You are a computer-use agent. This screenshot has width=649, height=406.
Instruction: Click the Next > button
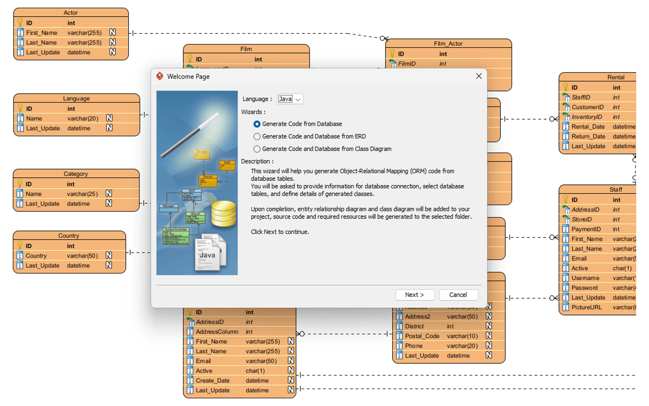tap(415, 295)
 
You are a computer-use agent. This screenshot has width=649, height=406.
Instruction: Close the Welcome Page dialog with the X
tap(479, 76)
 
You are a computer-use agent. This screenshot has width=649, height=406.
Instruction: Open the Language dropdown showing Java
tap(290, 99)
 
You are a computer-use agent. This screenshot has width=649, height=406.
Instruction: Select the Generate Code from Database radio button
tap(257, 124)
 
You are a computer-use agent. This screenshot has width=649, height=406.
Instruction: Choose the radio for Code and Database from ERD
tap(257, 136)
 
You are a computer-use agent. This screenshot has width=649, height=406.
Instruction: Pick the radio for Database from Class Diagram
tap(257, 149)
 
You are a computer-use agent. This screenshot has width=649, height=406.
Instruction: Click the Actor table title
tap(70, 13)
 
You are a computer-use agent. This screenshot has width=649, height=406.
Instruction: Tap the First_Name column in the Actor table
tap(42, 33)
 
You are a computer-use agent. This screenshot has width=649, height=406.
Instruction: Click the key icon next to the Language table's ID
tap(20, 108)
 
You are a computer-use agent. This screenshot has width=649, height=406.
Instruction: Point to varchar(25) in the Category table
tap(82, 194)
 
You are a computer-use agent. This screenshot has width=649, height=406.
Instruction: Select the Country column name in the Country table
tap(36, 256)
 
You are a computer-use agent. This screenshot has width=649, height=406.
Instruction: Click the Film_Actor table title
tap(448, 44)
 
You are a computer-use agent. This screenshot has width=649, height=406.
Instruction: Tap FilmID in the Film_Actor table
tap(407, 64)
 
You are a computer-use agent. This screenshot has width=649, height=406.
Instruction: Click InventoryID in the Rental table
tap(587, 117)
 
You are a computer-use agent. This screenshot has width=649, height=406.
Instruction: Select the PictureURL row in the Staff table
tap(586, 307)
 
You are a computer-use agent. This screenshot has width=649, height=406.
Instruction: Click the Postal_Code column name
tap(422, 336)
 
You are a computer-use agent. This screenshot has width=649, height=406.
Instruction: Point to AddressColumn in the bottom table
tap(217, 332)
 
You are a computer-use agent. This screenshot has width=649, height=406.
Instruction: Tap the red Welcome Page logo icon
tap(160, 76)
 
